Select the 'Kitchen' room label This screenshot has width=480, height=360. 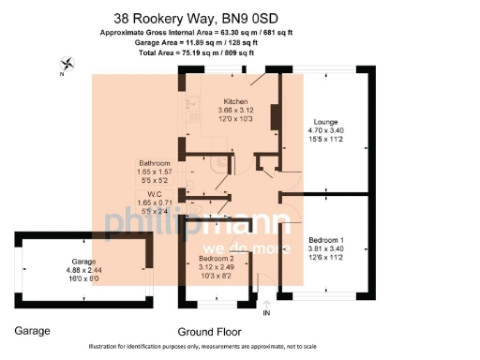point(234,100)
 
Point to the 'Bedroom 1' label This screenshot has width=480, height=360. point(326,241)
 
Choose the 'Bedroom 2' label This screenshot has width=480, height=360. point(215,257)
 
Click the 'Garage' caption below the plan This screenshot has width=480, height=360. point(33,330)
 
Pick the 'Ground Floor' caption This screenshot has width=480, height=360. point(209,331)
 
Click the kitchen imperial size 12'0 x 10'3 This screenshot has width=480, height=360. point(234,118)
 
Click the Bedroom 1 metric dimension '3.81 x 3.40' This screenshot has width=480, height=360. point(326,249)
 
